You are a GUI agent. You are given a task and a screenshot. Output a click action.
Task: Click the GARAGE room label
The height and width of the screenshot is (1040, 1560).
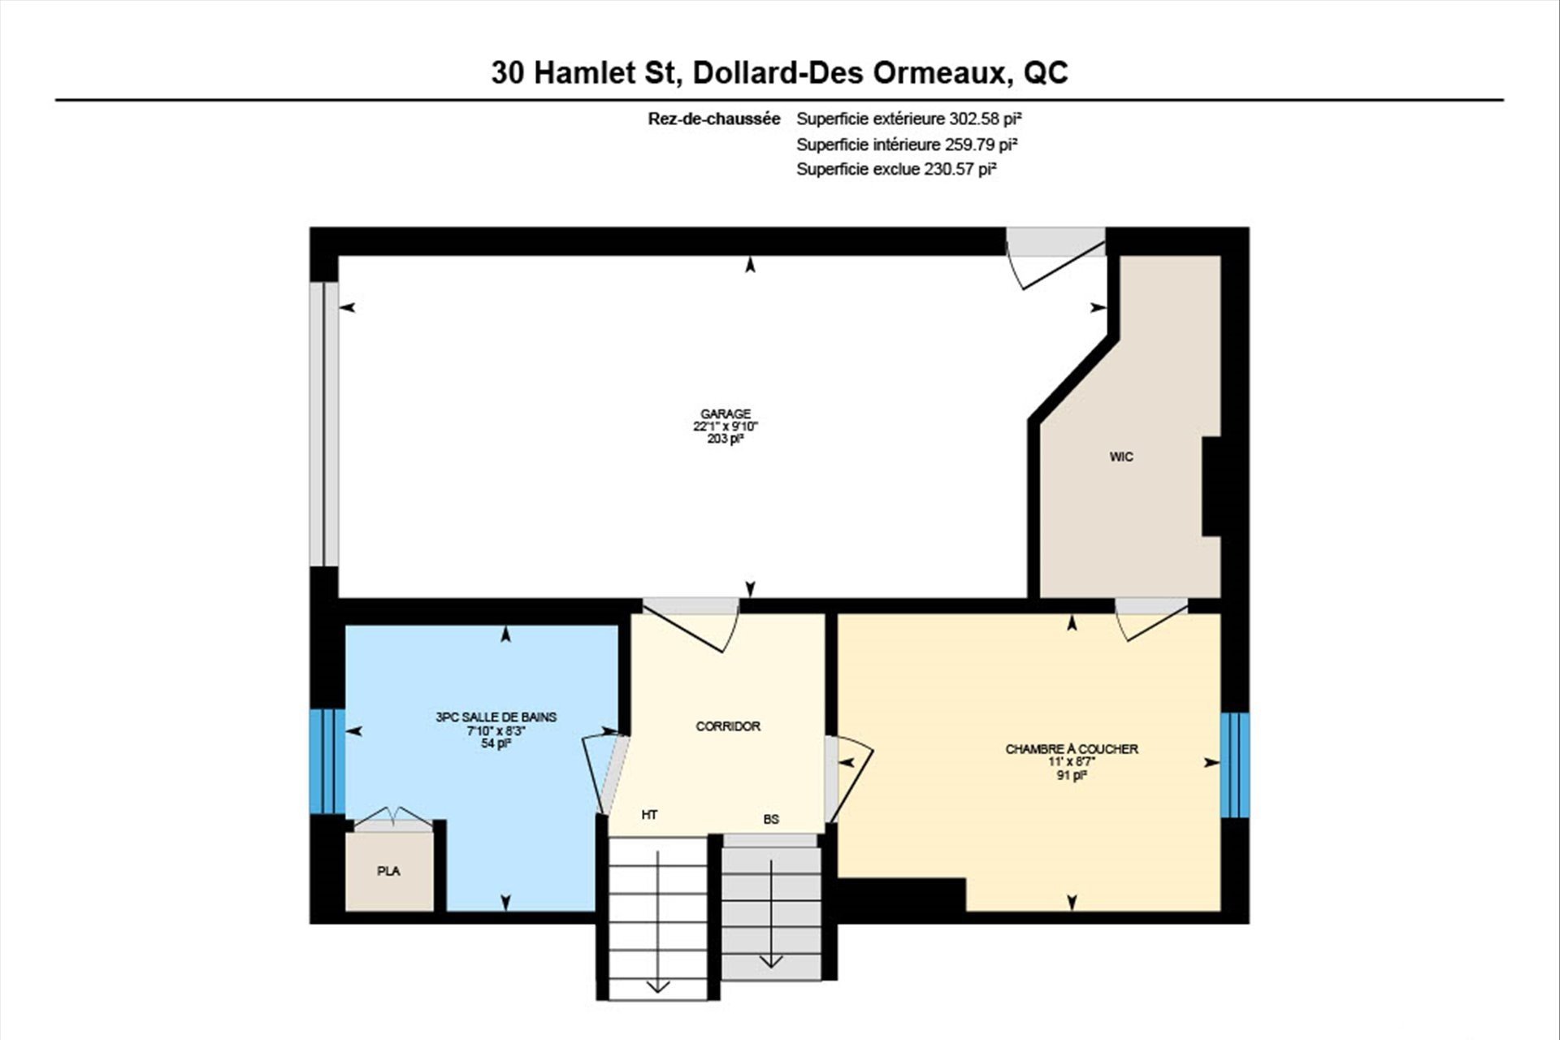[x=726, y=414]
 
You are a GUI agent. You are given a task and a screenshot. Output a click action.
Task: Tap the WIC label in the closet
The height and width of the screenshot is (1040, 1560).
[x=1121, y=457]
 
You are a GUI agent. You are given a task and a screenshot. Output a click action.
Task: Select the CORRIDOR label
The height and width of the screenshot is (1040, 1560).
[x=728, y=726]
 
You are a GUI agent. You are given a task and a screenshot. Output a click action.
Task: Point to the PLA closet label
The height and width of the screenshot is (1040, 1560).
[x=388, y=871]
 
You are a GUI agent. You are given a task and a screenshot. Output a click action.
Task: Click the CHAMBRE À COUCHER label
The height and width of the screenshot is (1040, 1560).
[x=1072, y=749]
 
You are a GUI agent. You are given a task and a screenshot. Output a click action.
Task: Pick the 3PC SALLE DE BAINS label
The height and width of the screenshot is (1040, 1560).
[x=496, y=717]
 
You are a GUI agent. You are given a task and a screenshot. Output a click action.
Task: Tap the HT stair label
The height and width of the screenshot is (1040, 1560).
[x=649, y=815]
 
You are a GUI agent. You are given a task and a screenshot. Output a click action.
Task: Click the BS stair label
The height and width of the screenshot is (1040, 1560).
[x=771, y=820]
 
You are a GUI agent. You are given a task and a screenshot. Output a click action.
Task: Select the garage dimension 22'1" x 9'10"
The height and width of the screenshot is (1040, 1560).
[x=726, y=426]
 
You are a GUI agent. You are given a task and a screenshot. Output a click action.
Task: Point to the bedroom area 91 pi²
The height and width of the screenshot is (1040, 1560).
[x=1072, y=775]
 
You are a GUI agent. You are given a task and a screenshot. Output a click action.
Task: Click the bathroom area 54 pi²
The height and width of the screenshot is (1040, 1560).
[x=496, y=743]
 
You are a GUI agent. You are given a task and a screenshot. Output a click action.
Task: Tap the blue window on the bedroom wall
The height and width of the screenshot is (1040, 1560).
[x=1235, y=765]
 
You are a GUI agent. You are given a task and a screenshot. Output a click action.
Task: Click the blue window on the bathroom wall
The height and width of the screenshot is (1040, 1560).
[x=327, y=761]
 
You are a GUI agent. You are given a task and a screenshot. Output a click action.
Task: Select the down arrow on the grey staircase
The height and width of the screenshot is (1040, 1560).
[x=770, y=913]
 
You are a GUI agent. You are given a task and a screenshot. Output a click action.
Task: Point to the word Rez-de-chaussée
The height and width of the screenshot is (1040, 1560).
[x=714, y=119]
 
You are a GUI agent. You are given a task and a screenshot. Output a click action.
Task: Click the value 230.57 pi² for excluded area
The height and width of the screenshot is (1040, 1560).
[x=960, y=169]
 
